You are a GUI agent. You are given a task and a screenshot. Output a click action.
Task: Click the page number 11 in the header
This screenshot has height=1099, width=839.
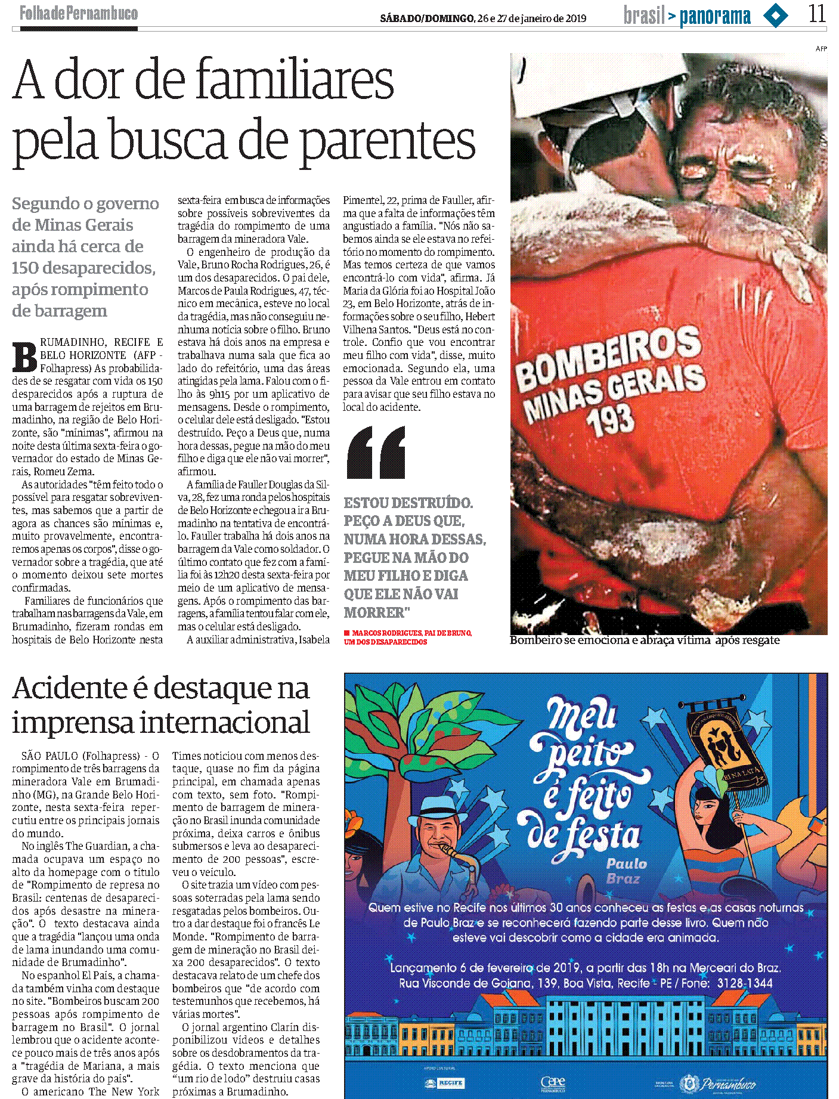817,14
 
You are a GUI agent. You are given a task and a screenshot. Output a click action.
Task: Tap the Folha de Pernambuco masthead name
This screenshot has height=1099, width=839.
79,13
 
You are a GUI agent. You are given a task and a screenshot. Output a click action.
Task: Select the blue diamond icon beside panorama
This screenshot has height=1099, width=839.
776,16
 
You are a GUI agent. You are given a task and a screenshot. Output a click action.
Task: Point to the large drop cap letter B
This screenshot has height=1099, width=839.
25,357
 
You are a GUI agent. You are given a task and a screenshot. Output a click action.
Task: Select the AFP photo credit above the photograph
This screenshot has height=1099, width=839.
821,49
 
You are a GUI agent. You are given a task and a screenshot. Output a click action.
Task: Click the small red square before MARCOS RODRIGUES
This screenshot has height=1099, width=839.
346,633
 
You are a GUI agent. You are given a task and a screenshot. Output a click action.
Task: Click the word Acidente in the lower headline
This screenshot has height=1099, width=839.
70,688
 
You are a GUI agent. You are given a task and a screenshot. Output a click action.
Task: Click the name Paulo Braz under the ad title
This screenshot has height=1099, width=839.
626,871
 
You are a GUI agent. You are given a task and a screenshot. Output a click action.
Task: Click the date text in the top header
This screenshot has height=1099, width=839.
483,18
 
